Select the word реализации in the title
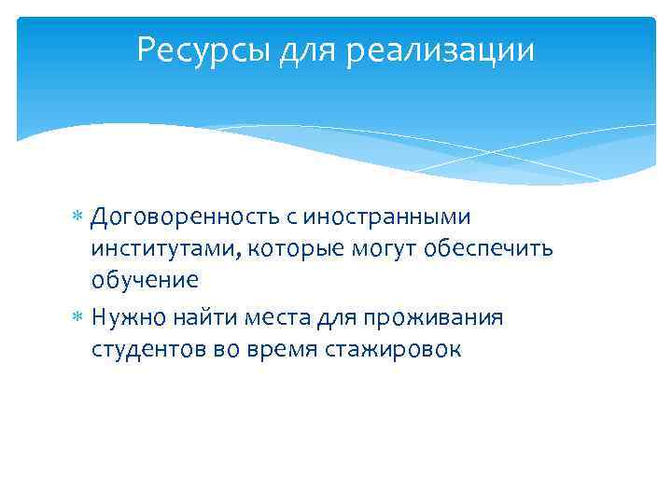441,49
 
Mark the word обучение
145,280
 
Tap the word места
274,317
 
